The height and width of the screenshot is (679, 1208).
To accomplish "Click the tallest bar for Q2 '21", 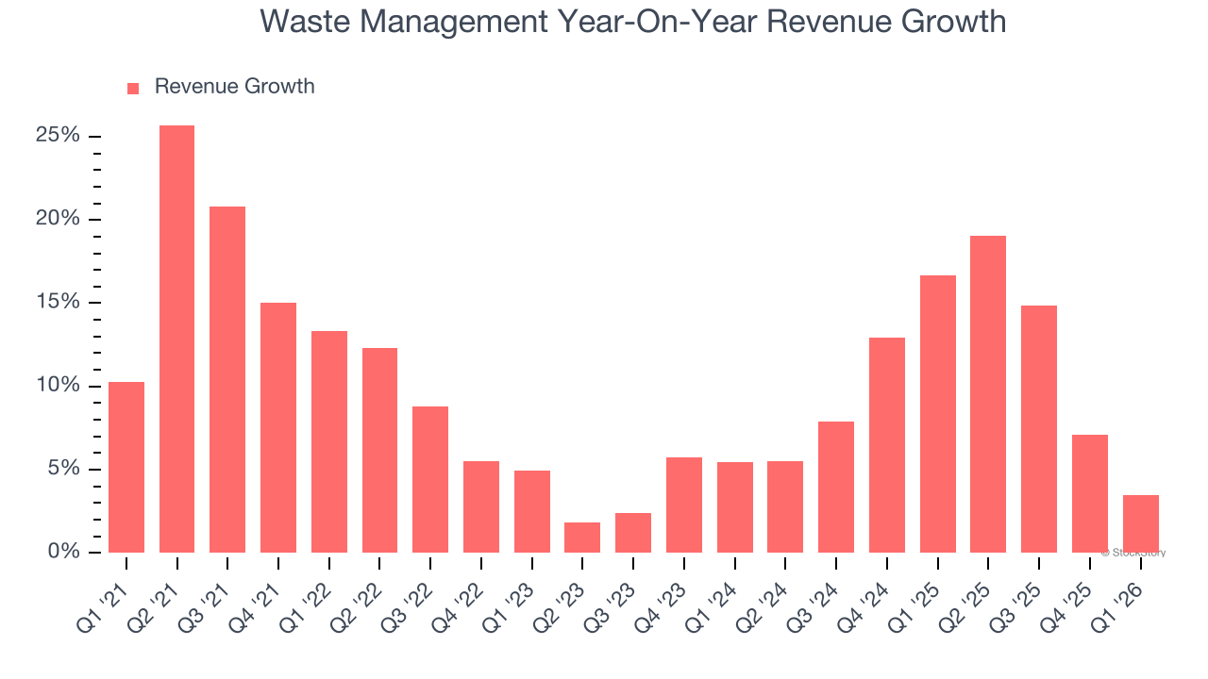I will point(176,339).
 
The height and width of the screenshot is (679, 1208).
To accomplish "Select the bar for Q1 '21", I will point(126,467).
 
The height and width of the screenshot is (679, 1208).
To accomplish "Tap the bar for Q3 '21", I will point(227,379).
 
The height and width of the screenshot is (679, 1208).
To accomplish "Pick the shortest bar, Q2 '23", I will point(582,538).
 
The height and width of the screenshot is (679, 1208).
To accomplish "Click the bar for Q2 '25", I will point(988,394).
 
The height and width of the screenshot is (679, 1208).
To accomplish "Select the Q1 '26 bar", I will point(1140,523).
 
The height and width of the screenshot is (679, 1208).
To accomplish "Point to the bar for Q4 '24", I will point(886,445).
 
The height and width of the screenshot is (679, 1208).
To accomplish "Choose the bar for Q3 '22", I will point(430,479).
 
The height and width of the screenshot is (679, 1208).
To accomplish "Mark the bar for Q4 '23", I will point(683,505).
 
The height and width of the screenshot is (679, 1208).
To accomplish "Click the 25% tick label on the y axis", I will point(58,136).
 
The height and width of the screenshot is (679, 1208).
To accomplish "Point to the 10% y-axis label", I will point(58,386).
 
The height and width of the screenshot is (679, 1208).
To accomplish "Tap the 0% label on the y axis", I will point(63,552).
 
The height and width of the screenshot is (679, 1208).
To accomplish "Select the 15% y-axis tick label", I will point(58,303).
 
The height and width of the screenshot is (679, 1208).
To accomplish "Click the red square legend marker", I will point(133,88).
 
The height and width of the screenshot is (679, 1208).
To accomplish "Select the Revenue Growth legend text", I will point(234,87).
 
